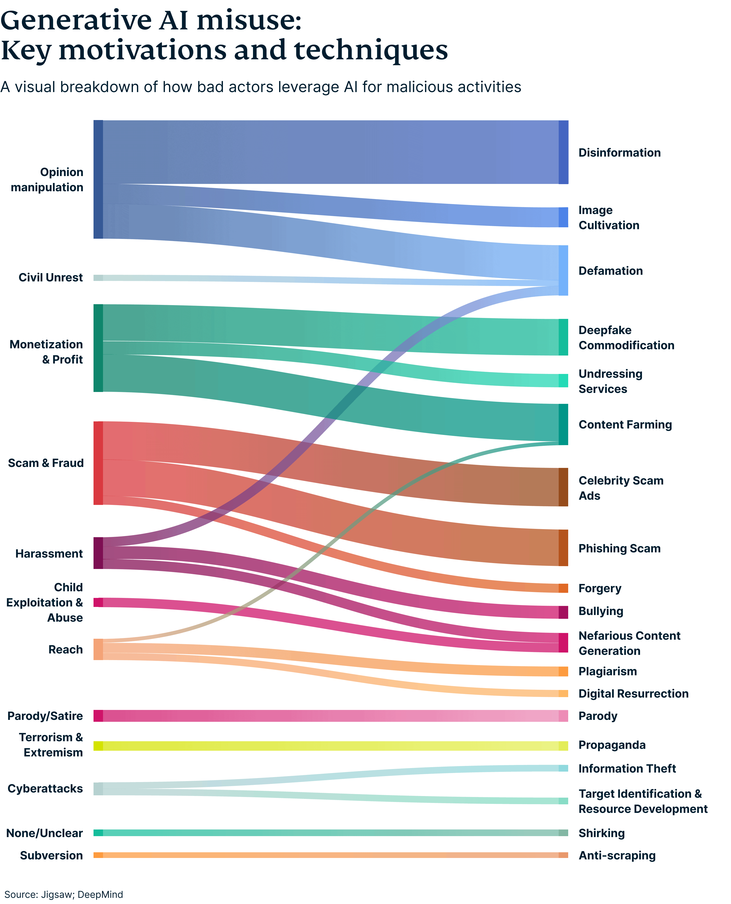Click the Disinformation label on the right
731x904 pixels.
[619, 153]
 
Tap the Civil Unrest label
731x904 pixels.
[51, 278]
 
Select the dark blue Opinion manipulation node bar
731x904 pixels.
[98, 179]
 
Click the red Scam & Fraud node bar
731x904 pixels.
[98, 463]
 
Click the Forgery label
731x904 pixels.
[600, 588]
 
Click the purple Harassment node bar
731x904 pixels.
[98, 553]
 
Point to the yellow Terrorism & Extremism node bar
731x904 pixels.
[98, 746]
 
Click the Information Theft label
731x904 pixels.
[627, 769]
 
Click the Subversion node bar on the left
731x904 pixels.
[98, 855]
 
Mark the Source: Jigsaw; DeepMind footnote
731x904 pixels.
[64, 894]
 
